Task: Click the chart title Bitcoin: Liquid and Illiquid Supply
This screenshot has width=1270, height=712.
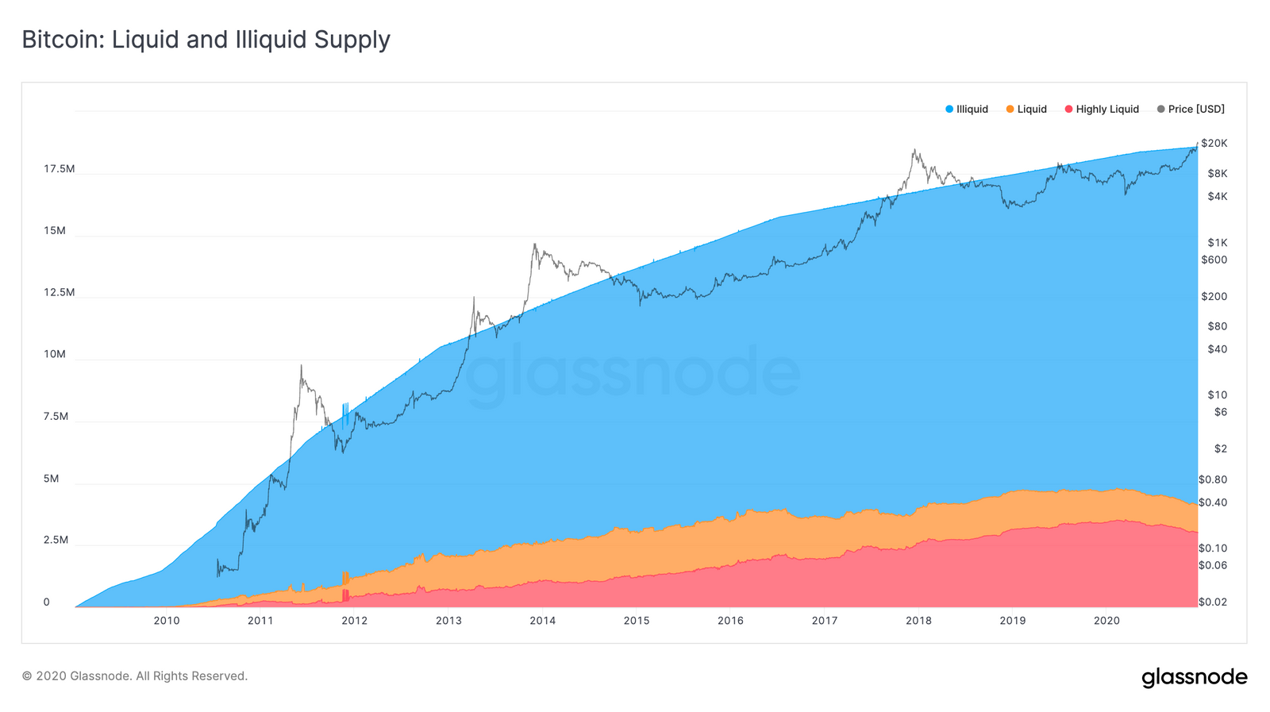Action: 206,40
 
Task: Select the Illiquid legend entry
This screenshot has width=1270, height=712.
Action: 967,110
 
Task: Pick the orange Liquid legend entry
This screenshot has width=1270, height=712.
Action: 1026,110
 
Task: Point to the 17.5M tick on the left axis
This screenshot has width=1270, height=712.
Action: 59,169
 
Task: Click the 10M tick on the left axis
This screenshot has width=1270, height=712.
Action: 55,354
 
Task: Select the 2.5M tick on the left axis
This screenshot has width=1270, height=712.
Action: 56,540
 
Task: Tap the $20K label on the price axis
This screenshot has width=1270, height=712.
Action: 1214,144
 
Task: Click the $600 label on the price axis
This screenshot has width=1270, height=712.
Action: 1214,260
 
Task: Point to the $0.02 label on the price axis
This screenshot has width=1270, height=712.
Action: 1212,602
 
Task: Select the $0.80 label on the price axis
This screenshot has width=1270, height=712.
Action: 1212,479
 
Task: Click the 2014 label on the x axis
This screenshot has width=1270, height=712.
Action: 542,621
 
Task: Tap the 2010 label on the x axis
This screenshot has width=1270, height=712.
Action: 166,621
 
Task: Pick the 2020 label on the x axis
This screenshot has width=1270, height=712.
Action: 1106,621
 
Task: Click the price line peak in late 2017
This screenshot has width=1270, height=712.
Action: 914,150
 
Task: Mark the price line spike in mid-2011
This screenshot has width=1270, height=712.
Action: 301,366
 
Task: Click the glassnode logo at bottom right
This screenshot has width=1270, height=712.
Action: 1194,677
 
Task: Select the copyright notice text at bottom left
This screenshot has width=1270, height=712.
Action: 135,676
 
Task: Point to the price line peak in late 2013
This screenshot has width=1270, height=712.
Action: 534,245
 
